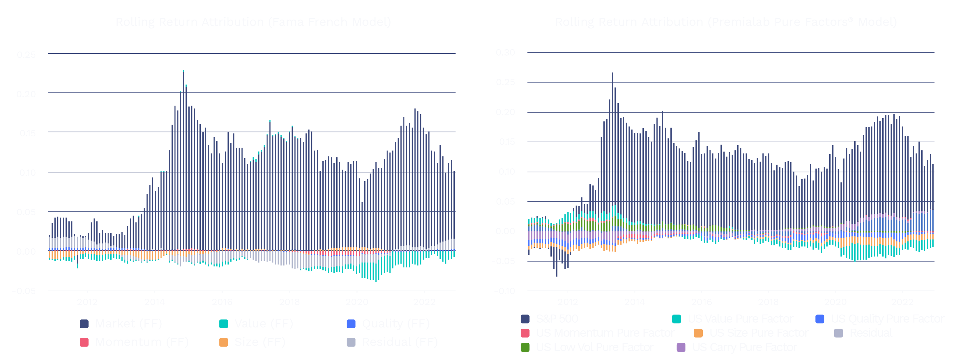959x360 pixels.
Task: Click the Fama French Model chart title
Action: pos(253,22)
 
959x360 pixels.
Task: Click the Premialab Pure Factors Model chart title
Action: pos(726,22)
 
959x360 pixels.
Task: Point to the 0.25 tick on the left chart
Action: pos(26,55)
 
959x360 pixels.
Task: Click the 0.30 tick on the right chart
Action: pos(506,52)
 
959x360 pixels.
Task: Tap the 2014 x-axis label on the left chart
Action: pos(154,302)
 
